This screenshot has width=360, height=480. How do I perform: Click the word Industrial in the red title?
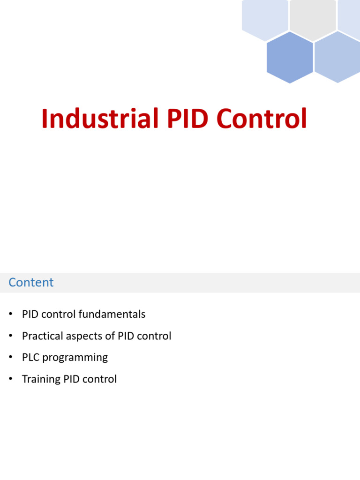pyautogui.click(x=100, y=119)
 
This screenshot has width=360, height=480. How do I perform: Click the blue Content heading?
pyautogui.click(x=31, y=282)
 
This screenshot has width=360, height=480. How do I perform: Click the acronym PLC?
pyautogui.click(x=30, y=357)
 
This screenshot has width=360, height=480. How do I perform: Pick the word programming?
pyautogui.click(x=75, y=357)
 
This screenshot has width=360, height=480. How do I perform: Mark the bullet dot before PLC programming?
pyautogui.click(x=10, y=357)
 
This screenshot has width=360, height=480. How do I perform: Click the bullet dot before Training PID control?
pyautogui.click(x=10, y=379)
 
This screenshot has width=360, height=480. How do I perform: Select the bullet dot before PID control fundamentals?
pyautogui.click(x=10, y=314)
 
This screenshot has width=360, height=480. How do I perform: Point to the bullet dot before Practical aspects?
pyautogui.click(x=10, y=336)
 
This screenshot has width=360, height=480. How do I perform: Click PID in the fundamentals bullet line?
pyautogui.click(x=30, y=314)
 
